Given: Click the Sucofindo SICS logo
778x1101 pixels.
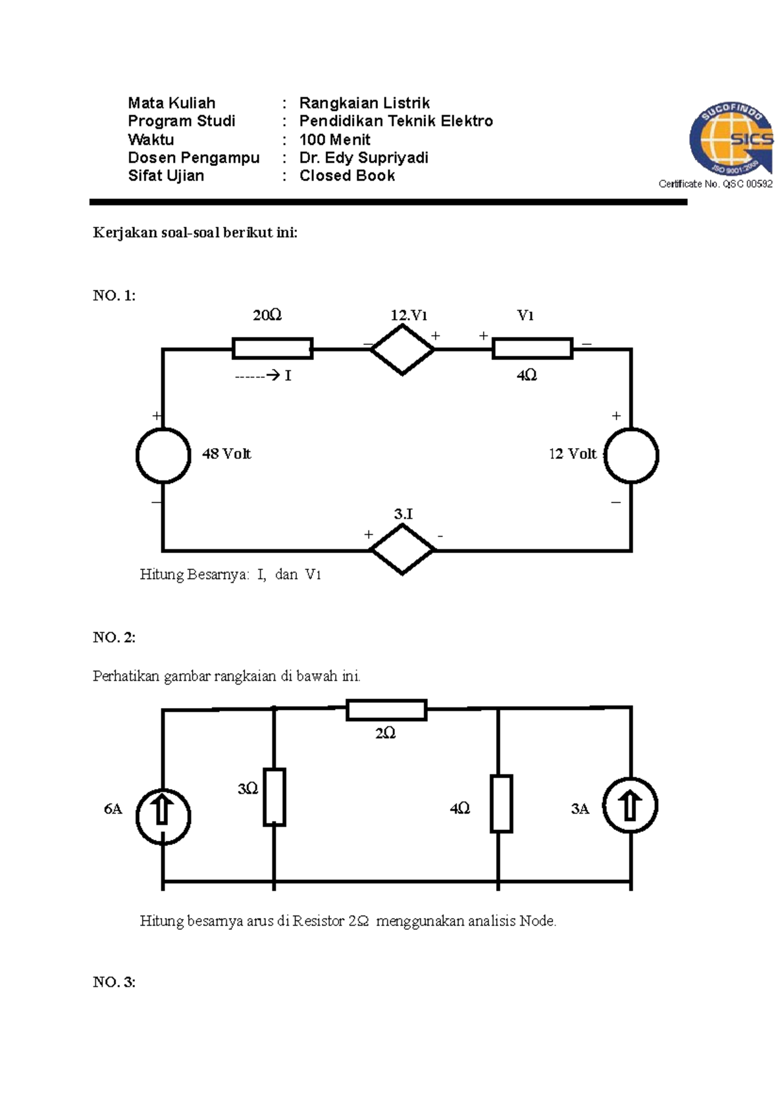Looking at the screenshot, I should (731, 141).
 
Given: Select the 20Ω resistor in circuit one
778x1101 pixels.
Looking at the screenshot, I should (272, 348).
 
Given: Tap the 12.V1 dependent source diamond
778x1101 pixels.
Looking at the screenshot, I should (402, 349).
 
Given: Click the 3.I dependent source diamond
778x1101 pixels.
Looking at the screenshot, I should (402, 549).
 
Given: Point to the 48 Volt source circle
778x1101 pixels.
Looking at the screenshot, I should (163, 455).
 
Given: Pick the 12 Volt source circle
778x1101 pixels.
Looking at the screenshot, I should (631, 455).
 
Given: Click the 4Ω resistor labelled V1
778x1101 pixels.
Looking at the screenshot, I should (532, 348).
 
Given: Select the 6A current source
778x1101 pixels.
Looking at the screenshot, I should (163, 816).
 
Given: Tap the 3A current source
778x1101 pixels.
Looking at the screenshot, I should (630, 805).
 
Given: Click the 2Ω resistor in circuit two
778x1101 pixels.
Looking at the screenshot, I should (386, 710).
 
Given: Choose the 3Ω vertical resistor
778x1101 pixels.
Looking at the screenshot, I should (274, 797).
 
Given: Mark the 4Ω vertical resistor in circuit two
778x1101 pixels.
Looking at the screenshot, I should (501, 803).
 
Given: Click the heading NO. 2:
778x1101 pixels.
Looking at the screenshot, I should (114, 637).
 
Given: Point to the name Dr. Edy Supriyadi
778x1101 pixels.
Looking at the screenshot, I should (364, 158).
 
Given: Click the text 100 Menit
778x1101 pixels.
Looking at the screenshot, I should (335, 139).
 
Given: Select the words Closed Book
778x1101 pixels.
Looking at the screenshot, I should (347, 176).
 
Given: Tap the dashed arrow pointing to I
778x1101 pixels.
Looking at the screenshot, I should (257, 375).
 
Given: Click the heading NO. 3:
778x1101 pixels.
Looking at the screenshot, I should (114, 982).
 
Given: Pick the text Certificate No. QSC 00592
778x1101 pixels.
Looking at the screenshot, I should (715, 184).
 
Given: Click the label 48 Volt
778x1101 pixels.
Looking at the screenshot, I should (226, 454).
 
